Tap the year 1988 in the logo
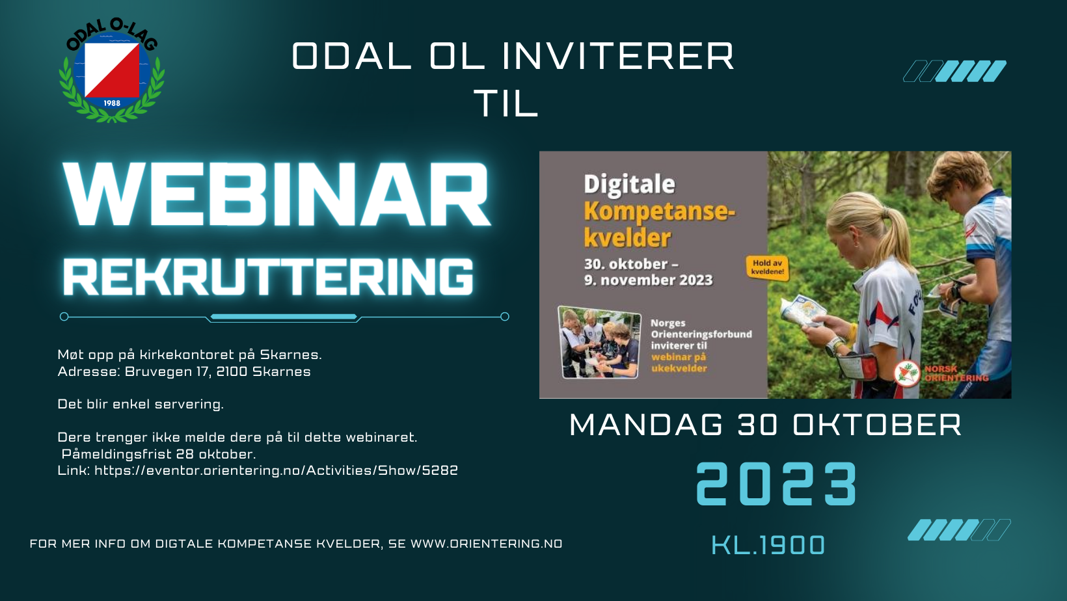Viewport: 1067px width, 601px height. [112, 103]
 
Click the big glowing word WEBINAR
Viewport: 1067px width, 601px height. [277, 194]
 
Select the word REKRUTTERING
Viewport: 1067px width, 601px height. [268, 277]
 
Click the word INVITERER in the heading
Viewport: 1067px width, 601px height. [618, 57]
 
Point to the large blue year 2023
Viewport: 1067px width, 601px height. [776, 484]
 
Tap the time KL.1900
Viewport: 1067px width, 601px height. [768, 545]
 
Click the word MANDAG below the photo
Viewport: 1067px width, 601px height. [646, 425]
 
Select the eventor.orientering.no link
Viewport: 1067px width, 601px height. [276, 470]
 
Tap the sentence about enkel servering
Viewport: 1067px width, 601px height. [141, 405]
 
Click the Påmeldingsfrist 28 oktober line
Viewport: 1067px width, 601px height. [159, 454]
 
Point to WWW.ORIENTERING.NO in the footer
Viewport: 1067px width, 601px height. [486, 544]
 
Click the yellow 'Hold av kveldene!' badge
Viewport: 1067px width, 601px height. [767, 267]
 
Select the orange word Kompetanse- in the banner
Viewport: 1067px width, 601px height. [659, 211]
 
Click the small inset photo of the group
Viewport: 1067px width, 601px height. [599, 342]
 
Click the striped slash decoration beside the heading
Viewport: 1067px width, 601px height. [954, 71]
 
